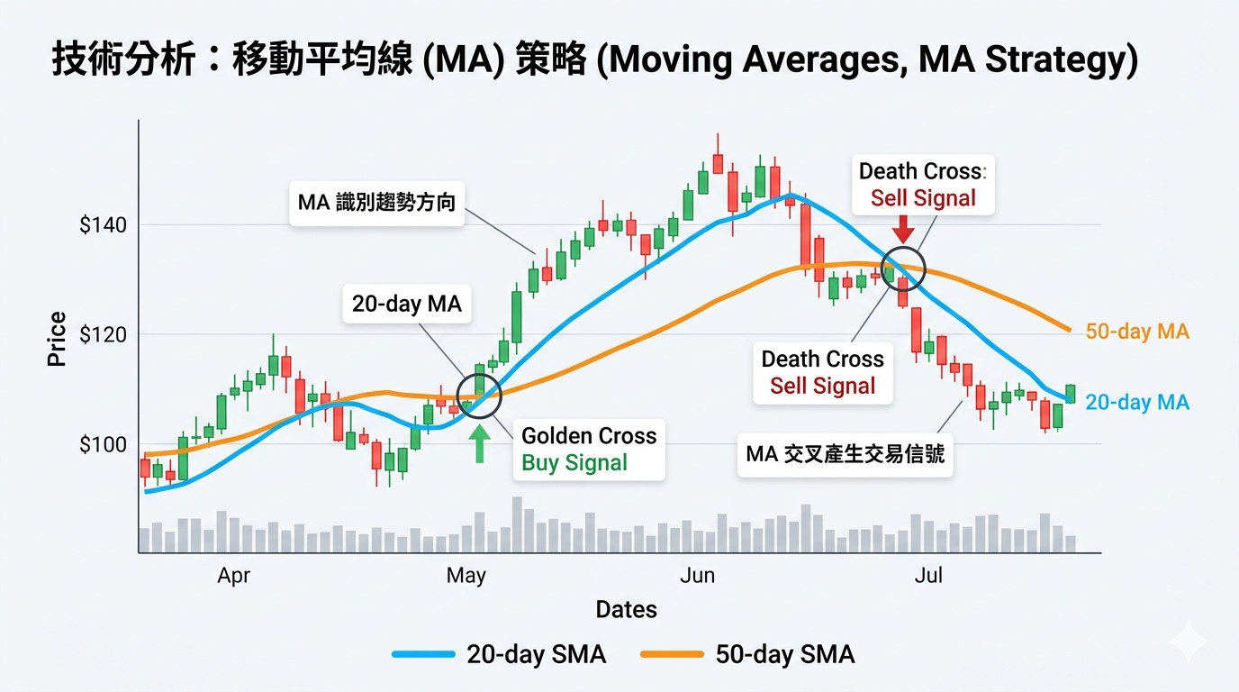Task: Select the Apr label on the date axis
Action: (x=233, y=576)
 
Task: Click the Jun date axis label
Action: (x=698, y=576)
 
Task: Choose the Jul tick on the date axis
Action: (x=928, y=576)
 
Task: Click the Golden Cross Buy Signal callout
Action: (x=589, y=450)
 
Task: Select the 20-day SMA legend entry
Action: (x=500, y=654)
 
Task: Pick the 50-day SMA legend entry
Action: (x=747, y=654)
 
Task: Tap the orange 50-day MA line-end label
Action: (x=1137, y=332)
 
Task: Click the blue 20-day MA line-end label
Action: (x=1137, y=403)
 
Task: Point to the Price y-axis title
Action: (x=57, y=339)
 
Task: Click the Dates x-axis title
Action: (x=627, y=610)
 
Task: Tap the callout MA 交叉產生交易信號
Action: (x=845, y=454)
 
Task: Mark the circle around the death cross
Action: (x=903, y=268)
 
